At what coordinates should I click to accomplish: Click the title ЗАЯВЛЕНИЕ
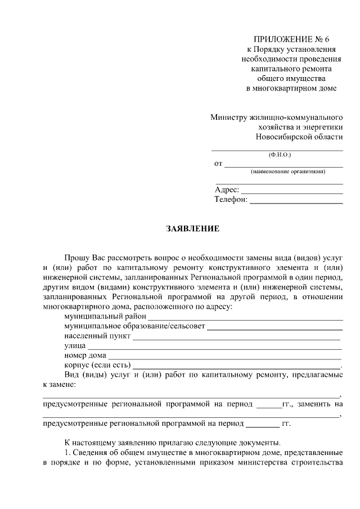[x=192, y=229]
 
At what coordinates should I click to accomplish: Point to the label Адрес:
[x=227, y=190]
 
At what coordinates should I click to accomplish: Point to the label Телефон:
[x=231, y=200]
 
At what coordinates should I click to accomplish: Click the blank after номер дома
[x=225, y=357]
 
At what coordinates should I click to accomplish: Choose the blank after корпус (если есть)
[x=236, y=367]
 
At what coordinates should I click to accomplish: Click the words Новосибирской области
[x=299, y=137]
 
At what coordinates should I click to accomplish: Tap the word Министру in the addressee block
[x=228, y=118]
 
